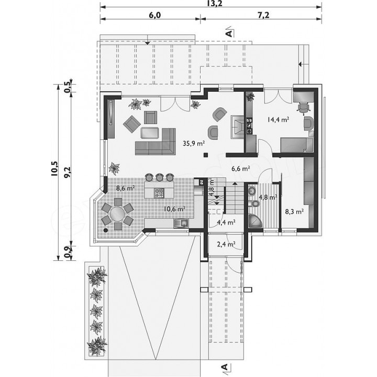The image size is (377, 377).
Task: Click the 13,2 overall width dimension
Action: point(211,3)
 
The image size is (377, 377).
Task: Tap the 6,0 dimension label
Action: point(154,15)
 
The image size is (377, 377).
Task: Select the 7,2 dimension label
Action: point(263,15)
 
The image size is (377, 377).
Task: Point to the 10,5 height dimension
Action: point(54,169)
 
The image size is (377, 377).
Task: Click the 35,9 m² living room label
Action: point(194,143)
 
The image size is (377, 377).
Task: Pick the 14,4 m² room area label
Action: point(278,119)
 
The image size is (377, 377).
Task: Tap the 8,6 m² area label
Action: point(125,188)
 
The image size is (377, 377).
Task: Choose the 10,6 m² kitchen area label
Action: point(174,209)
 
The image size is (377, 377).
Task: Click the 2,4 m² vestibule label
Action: point(226,245)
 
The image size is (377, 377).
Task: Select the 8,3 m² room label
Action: point(294,212)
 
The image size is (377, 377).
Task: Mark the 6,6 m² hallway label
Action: point(240,169)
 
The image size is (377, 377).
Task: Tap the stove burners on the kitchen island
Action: point(159,193)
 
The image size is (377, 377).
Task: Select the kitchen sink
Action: point(181,224)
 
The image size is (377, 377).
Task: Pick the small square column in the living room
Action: point(206,155)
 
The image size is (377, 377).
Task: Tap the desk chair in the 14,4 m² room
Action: point(303,107)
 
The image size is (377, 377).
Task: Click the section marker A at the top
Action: point(230,33)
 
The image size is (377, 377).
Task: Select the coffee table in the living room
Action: point(150,133)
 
